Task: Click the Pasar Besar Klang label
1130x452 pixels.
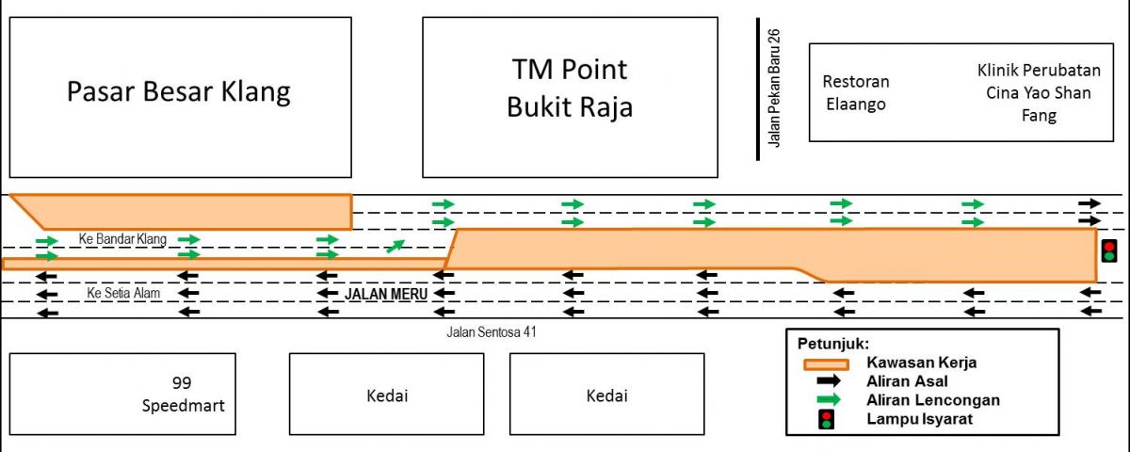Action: (x=179, y=92)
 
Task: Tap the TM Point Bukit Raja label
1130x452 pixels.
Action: (x=570, y=89)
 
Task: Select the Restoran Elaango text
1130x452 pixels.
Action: (x=856, y=93)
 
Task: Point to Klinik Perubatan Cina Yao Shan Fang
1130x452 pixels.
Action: (x=1039, y=93)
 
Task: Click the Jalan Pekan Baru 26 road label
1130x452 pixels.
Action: (x=774, y=89)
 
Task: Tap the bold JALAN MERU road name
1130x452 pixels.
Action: (x=386, y=294)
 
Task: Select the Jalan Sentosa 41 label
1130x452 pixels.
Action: (x=492, y=331)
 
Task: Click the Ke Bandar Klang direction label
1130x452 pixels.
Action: (x=122, y=238)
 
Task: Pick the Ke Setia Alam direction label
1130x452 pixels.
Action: (x=123, y=293)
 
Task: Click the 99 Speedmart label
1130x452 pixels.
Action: (x=183, y=394)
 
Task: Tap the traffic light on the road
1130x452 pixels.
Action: (x=1109, y=251)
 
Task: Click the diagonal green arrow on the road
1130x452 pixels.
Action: (x=395, y=246)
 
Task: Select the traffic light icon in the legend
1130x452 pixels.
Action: (x=826, y=420)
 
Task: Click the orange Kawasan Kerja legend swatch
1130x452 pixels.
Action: (x=827, y=364)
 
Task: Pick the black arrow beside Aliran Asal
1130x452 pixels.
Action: (x=828, y=380)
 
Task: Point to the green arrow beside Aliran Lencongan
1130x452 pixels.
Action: (x=829, y=399)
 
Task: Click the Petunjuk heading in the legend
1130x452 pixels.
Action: (x=833, y=345)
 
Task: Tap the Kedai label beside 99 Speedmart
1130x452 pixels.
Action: (x=387, y=395)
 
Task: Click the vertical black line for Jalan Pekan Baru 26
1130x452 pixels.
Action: (x=758, y=89)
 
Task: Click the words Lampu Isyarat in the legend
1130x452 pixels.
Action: (x=920, y=419)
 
